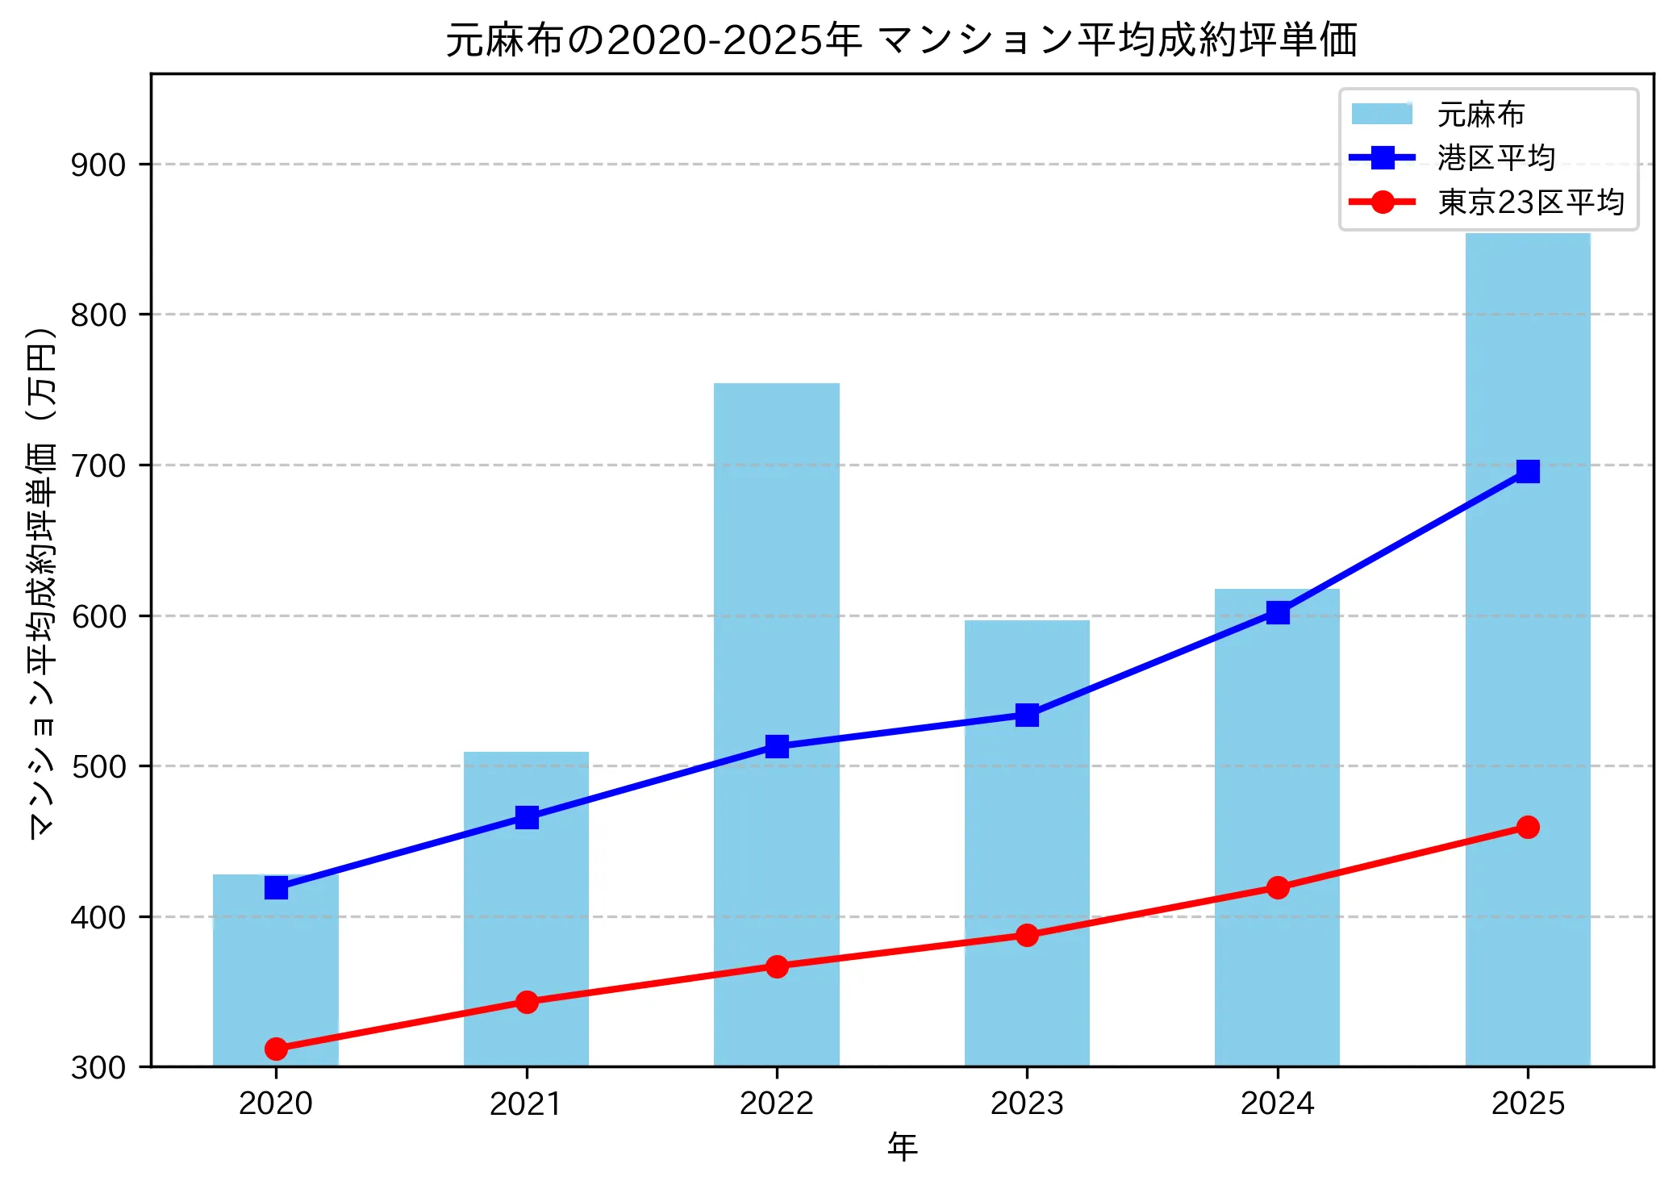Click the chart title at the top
902,40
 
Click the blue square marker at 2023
1027,715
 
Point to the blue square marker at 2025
1527,471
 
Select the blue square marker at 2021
527,817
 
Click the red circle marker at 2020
276,1049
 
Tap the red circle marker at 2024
1277,887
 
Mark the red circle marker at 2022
777,966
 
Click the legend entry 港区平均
1495,158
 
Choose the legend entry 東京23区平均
1529,202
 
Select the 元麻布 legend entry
1479,115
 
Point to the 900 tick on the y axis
98,165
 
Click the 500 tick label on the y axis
98,766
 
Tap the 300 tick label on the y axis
98,1067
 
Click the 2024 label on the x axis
1277,1103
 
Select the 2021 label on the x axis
526,1103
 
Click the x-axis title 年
902,1146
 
